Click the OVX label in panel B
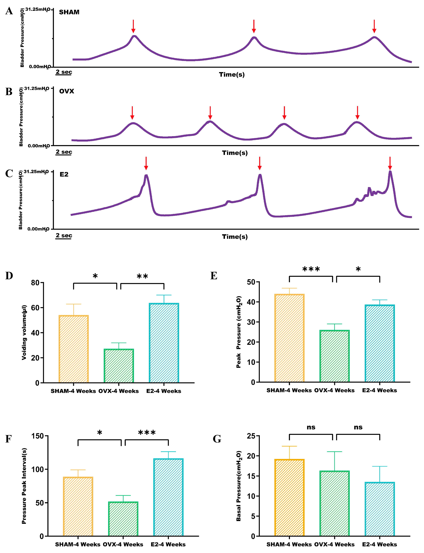coord(67,91)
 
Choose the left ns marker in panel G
coord(311,427)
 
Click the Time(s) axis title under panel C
coord(235,237)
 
